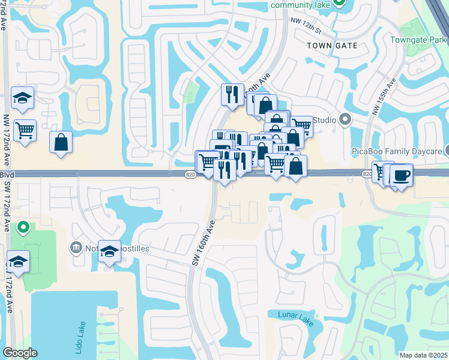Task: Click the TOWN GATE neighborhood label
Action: (x=332, y=46)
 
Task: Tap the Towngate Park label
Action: (x=417, y=40)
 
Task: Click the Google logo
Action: (x=20, y=353)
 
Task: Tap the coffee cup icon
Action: (x=400, y=176)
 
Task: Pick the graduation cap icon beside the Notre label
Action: (x=109, y=252)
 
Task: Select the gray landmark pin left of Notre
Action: (x=76, y=247)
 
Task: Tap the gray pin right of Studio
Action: (x=345, y=119)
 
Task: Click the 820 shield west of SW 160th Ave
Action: (x=190, y=174)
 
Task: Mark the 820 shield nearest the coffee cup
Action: (x=367, y=173)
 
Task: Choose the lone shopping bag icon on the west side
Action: (x=61, y=142)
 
